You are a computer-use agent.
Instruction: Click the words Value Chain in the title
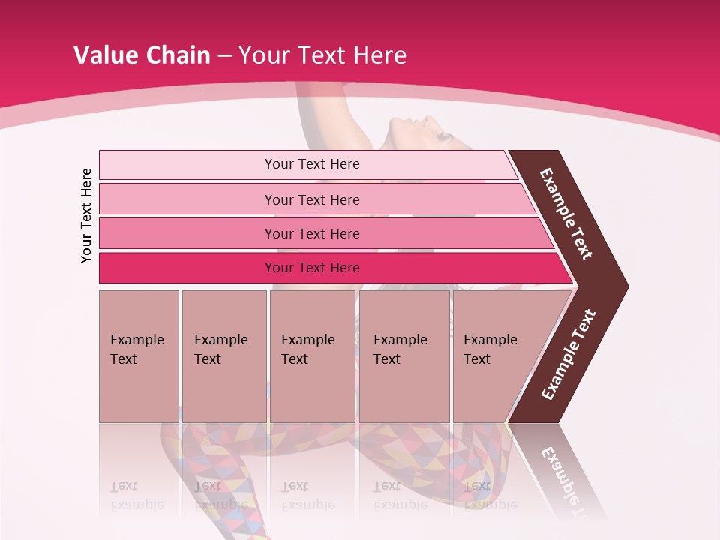(x=142, y=55)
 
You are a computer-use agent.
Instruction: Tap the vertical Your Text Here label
(x=86, y=215)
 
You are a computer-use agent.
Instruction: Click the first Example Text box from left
(x=139, y=356)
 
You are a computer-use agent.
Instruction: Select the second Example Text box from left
(x=223, y=356)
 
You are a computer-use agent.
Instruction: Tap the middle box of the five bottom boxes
(x=312, y=356)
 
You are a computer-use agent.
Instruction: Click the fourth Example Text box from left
(x=404, y=356)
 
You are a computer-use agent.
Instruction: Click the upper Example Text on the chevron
(x=566, y=214)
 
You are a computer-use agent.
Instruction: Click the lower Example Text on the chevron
(x=568, y=355)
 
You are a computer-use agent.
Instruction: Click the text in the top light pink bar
(x=312, y=164)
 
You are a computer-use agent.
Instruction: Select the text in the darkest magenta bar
(x=312, y=268)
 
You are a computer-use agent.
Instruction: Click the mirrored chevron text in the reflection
(x=566, y=480)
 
